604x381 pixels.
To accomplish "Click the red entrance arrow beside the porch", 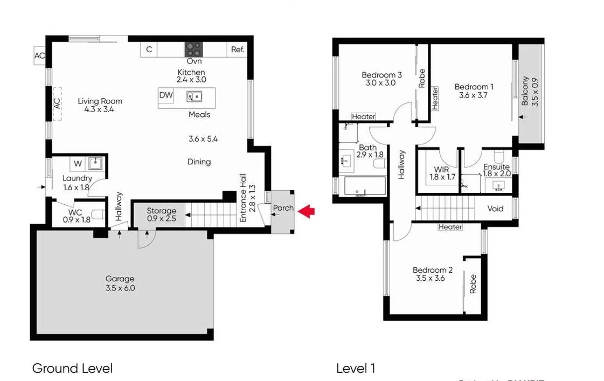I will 307,211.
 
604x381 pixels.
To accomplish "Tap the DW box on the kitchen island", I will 166,96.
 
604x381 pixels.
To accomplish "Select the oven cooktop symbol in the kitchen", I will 193,50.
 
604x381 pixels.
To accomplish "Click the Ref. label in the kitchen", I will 238,50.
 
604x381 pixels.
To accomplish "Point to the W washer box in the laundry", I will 78,163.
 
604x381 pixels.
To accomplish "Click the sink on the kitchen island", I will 194,96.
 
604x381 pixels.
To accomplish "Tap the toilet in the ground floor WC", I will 98,215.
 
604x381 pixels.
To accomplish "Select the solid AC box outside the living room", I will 39,56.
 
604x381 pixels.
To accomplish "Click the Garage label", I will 120,279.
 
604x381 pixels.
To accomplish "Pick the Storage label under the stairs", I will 162,211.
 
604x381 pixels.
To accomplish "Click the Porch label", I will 283,208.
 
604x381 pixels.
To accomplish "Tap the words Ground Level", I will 72,369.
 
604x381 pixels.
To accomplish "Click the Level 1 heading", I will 355,369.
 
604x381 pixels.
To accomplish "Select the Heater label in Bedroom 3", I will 363,116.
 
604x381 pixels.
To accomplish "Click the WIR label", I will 442,169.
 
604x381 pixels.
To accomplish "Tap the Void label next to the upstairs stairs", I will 496,209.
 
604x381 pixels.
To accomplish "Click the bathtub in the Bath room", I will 365,186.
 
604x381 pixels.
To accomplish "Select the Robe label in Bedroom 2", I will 473,284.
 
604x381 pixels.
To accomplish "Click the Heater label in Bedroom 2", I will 450,227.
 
